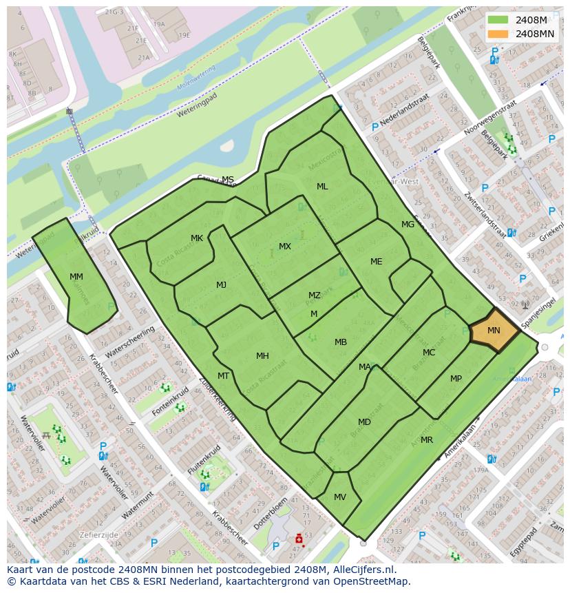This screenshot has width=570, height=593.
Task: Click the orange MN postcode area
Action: coord(494,331)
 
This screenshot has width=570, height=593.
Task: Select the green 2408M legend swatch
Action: coord(498,20)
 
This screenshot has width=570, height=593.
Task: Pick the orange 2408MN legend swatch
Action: coord(498,34)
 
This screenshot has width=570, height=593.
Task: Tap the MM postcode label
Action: coord(76,277)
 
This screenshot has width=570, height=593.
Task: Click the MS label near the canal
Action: coord(228,180)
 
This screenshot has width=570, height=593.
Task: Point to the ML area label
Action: coord(322,187)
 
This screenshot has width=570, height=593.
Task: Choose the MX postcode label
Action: coord(285,246)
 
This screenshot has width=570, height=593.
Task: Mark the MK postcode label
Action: coord(197,238)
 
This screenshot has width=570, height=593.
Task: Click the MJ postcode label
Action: coord(221,285)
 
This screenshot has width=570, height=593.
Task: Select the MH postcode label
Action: coord(262,356)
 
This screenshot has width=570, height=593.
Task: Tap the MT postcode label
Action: coord(223,376)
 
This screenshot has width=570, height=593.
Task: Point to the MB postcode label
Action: coord(341,342)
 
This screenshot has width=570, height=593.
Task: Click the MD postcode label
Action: coord(364,422)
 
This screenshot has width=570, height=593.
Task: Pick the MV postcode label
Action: coord(340,497)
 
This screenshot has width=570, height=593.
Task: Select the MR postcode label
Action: coord(427,440)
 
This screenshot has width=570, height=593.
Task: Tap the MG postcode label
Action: coord(408,225)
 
